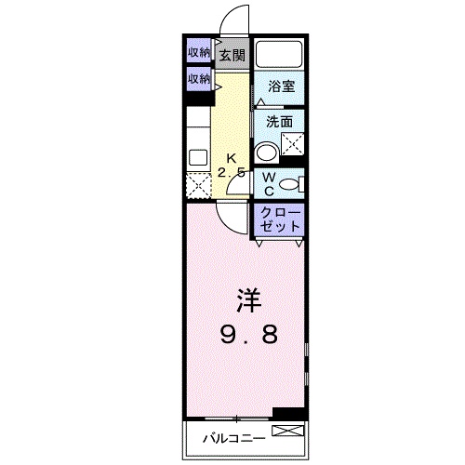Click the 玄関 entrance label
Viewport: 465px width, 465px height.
pos(232,55)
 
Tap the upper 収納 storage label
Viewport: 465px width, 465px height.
pos(198,52)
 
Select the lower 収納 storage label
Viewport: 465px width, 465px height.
pos(198,80)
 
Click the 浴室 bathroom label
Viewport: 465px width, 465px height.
pos(282,86)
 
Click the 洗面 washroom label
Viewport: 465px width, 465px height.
pos(280,121)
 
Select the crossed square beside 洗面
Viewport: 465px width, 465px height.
pos(294,145)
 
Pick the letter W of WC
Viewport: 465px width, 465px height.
pos(267,176)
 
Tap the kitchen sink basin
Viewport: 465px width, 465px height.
pos(197,155)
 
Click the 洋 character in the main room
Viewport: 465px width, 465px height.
pos(246,301)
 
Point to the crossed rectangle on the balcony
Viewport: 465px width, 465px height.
pos(286,431)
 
